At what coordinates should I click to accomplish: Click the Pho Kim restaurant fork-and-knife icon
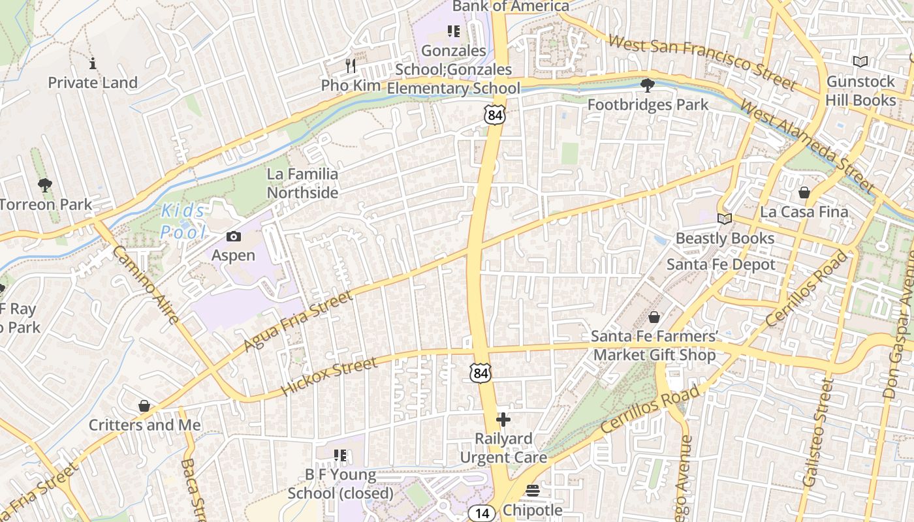351,65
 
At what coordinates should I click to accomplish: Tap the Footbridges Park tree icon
648,85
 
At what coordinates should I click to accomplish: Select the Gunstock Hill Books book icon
860,62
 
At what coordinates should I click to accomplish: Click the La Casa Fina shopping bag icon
804,192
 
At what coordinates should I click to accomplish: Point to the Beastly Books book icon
724,219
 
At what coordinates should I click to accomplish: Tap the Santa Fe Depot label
721,264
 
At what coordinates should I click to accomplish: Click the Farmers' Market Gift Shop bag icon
654,317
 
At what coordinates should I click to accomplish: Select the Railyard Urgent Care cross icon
503,419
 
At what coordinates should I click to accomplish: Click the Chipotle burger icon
533,490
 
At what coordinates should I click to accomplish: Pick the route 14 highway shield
482,514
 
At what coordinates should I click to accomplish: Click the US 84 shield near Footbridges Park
494,115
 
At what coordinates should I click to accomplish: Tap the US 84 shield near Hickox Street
481,373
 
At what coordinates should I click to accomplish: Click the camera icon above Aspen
233,236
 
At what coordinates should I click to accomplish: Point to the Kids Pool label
183,221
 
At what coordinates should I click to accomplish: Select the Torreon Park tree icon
44,185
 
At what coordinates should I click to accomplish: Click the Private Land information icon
93,63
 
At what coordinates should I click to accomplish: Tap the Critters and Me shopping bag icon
144,406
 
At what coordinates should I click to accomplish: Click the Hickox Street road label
330,376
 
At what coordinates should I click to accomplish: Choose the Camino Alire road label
146,285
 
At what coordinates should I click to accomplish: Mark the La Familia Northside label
302,183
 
